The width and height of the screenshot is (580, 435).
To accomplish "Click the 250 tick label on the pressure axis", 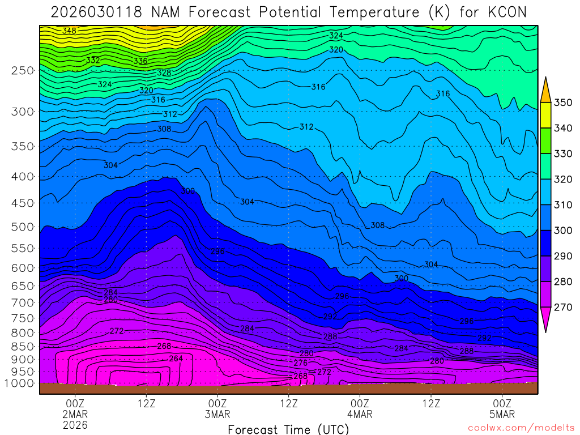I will coord(23,71).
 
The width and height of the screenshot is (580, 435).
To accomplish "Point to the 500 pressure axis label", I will coord(23,227).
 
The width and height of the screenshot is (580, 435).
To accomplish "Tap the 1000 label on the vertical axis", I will coord(20,383).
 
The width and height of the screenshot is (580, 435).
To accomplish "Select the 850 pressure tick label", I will coord(23,346).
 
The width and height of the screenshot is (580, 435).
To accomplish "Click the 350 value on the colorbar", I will coord(564,103).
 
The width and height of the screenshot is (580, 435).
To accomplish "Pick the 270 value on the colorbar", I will coord(564,307).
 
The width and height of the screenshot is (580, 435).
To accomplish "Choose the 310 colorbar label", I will coord(564,205).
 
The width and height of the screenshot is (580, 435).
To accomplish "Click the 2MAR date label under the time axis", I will coord(75,414).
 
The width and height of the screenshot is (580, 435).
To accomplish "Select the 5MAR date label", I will coord(502,414).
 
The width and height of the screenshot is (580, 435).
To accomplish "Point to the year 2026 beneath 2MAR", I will coord(75,425).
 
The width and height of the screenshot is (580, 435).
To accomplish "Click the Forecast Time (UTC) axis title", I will coord(288,429).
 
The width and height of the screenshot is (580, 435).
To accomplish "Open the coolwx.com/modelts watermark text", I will coord(520,428).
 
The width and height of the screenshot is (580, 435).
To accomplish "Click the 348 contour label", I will coord(69,31).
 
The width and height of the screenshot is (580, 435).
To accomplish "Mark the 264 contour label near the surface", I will coord(176,359).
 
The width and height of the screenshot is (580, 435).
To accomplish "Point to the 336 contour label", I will coord(140,61).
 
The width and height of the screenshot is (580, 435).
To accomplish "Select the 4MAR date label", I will coord(360,414).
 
